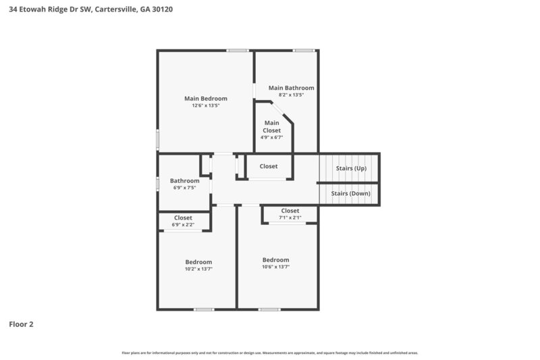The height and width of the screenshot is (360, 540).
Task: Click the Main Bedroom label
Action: [x=206, y=98]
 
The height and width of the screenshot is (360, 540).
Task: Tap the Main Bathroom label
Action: [x=291, y=88]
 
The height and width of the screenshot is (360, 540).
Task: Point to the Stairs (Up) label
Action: [x=351, y=168]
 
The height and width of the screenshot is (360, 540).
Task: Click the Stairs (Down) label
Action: [x=351, y=193]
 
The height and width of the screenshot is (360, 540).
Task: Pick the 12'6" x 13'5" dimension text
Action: [x=206, y=105]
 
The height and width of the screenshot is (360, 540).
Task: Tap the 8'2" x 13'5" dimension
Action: [x=291, y=95]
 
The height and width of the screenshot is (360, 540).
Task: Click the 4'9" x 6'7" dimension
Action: [x=271, y=137]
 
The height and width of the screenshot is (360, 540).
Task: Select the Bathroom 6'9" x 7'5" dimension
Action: [x=184, y=188]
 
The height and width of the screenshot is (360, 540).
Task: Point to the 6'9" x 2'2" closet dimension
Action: [x=183, y=225]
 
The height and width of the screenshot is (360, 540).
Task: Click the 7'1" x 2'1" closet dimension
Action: [x=290, y=218]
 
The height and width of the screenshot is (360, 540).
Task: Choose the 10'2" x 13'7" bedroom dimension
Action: [x=198, y=269]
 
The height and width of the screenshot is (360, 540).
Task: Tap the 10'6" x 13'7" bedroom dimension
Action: [x=275, y=267]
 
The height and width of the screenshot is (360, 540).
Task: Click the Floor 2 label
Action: [x=21, y=324]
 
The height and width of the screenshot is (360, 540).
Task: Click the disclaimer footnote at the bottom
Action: [x=269, y=353]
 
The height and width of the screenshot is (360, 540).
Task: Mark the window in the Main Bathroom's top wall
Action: [x=303, y=51]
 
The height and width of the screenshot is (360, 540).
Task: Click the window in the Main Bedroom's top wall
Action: [x=237, y=51]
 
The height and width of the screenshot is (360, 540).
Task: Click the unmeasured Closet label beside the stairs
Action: [x=269, y=166]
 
